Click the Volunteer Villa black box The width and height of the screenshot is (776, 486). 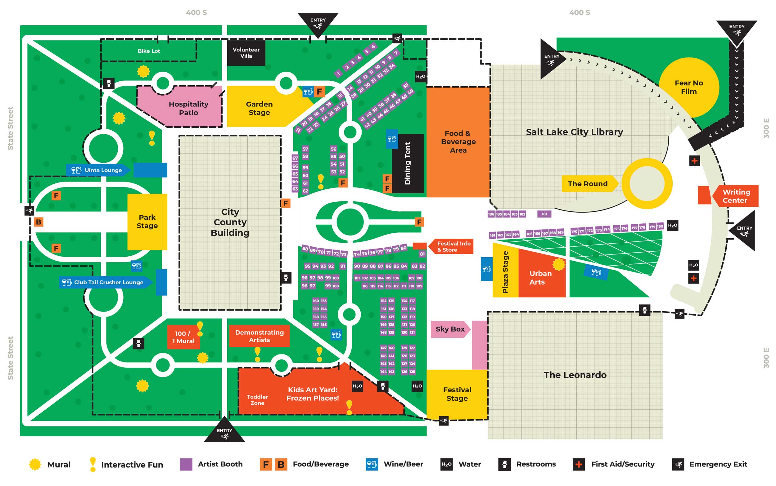coord(246,53)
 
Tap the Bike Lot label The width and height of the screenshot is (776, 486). coord(148,51)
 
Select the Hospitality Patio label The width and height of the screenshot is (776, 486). coord(188,108)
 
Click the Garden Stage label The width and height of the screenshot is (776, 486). coord(259,108)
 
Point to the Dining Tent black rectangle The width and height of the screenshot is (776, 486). coord(408,163)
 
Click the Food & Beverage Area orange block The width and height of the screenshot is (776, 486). coord(458,142)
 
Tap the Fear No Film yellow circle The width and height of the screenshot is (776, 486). coord(688,87)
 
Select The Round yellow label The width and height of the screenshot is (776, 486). coord(588,183)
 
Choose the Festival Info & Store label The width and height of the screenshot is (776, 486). coord(453,246)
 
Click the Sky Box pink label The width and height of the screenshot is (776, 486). coord(450,329)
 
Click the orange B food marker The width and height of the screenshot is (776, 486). coord(38,222)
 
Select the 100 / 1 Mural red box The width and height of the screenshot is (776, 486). coord(183,337)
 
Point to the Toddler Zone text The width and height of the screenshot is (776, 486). coord(257,399)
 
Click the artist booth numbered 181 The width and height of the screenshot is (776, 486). coord(544,214)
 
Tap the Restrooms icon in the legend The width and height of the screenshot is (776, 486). coord(504,464)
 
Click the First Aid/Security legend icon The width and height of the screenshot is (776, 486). coord(579,464)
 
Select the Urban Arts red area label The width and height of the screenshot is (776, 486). coord(541,277)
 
